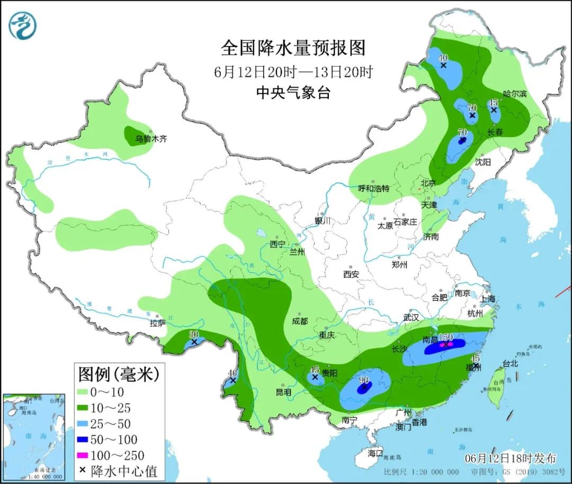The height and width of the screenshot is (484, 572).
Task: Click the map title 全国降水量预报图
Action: tap(293, 48)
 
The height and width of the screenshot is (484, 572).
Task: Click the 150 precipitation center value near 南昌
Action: tap(445, 337)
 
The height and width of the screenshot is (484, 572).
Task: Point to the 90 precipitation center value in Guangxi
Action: tap(364, 380)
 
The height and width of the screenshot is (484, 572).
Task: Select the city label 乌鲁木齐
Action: tap(151, 139)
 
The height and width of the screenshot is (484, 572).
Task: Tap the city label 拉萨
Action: tap(157, 322)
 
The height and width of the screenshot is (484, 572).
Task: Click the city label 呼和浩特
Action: tap(373, 188)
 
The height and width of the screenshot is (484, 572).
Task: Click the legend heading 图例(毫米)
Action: tap(119, 374)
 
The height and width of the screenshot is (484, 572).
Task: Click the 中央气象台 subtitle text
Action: tap(293, 93)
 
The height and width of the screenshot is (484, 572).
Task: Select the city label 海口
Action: tap(375, 453)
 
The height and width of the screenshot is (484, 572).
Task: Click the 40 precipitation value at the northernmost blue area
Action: tap(443, 58)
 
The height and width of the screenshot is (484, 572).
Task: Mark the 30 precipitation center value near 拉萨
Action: tap(194, 335)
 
